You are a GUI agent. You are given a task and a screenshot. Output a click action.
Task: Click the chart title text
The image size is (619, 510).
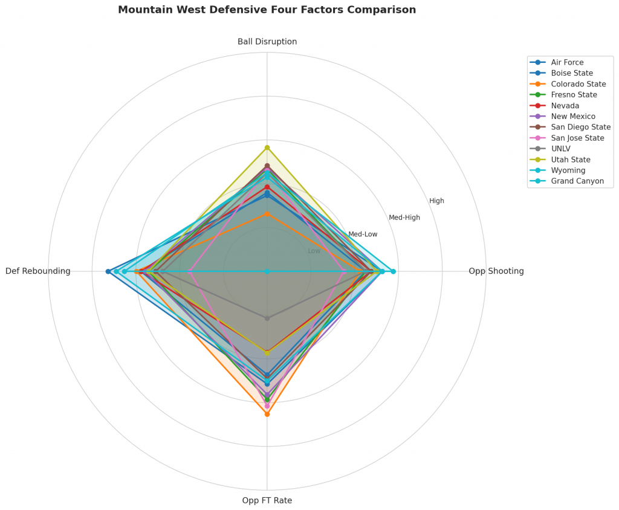[x=267, y=10]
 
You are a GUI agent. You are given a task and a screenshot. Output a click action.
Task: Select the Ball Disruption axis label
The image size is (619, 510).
[x=267, y=42]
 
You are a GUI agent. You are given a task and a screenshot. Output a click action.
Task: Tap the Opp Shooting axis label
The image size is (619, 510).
[x=496, y=271]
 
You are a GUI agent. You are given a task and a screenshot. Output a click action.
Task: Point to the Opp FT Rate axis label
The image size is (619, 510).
[x=267, y=500]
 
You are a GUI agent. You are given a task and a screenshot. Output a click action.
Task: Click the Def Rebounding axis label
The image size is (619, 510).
[x=38, y=271]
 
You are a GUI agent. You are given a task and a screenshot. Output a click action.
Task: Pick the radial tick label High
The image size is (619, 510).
[x=436, y=201]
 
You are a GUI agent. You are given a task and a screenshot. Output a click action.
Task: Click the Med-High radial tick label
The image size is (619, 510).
[x=404, y=218]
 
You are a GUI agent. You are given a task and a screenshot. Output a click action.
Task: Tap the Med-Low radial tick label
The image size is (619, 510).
[x=363, y=234]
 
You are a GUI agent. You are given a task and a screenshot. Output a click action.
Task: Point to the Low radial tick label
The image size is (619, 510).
[x=314, y=251]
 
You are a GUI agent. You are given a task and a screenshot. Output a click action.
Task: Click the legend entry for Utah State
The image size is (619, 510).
[x=571, y=160]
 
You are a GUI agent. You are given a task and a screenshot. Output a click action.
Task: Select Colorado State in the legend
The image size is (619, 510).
[x=578, y=84]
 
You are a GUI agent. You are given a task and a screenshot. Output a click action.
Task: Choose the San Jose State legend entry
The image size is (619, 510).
[x=577, y=138]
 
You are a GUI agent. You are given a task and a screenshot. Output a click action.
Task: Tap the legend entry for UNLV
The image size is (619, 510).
[x=561, y=149]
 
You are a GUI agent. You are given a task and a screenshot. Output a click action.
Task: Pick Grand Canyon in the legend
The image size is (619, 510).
[x=577, y=181]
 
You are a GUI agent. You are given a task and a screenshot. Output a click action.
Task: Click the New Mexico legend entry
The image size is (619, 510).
[x=573, y=116]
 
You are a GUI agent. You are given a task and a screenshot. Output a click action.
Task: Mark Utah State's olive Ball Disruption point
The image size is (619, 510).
[x=267, y=147]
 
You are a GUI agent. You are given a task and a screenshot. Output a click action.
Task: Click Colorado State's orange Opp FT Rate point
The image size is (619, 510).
[x=267, y=415]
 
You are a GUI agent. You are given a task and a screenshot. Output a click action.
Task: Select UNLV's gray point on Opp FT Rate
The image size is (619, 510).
[x=267, y=318]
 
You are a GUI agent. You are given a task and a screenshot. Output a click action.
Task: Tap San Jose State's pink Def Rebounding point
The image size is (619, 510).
[x=190, y=271]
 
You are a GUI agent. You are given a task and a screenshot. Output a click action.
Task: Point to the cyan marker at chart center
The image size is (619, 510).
[x=267, y=271]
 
